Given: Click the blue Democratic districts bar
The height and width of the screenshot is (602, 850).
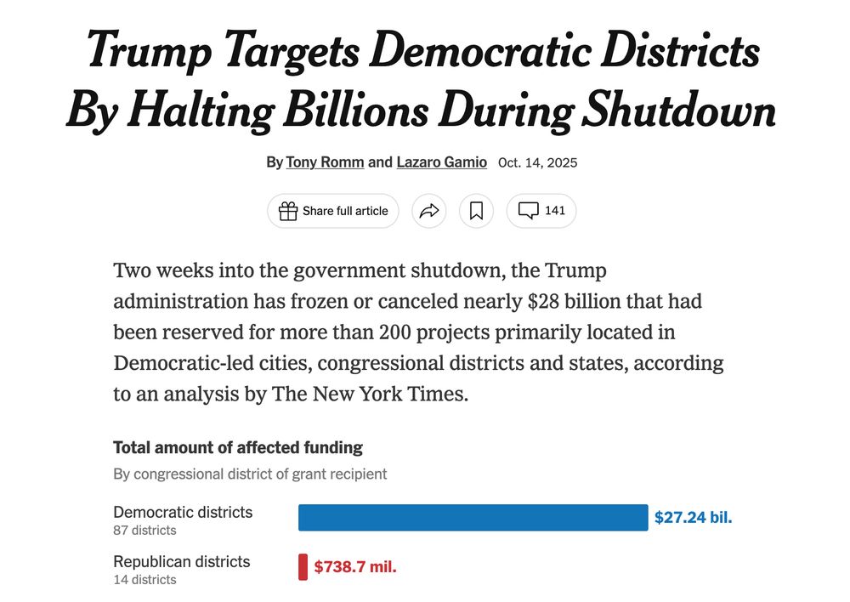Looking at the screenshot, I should click(473, 517).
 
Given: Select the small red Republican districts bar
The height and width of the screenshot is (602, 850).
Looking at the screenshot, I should click(303, 567).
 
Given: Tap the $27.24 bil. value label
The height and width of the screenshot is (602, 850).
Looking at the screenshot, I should click(693, 517).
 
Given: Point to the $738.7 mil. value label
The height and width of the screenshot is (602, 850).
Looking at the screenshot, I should click(355, 567).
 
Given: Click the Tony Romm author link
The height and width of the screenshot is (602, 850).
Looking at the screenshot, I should click(326, 162).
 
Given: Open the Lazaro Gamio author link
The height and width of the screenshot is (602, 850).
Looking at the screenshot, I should click(441, 162).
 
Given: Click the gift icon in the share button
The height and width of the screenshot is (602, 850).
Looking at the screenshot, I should click(288, 211).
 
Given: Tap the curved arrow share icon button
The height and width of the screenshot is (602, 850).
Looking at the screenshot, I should click(429, 211).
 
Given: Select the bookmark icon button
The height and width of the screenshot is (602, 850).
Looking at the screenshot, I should click(476, 211).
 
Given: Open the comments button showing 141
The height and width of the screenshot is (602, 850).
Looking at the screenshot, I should click(541, 211).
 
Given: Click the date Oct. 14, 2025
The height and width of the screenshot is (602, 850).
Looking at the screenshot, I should click(537, 162).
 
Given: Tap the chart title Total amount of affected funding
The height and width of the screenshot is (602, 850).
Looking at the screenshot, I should click(238, 447).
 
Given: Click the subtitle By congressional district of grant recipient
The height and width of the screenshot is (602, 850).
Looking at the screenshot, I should click(250, 474).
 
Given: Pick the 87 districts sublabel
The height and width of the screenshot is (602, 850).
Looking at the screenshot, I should click(145, 531).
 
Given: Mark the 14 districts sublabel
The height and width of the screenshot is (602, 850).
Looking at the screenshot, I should click(145, 580).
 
